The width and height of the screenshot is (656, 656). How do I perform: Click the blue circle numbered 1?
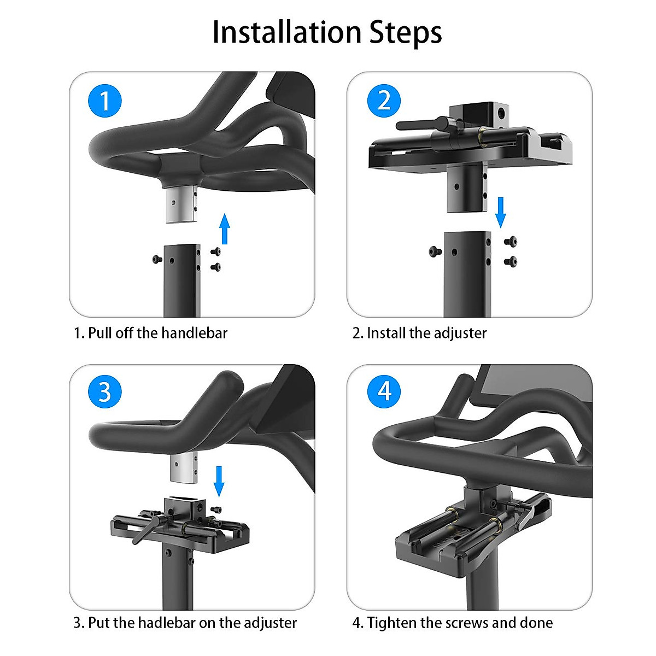click(x=104, y=101)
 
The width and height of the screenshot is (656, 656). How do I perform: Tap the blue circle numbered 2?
click(x=384, y=101)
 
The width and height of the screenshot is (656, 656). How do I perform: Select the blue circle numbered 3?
click(x=104, y=391)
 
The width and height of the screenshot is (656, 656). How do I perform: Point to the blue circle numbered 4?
click(x=384, y=391)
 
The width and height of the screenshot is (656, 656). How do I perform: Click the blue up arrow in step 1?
click(x=224, y=229)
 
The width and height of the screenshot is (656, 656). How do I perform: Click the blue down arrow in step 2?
click(x=500, y=213)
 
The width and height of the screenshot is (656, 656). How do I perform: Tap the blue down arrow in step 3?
click(x=219, y=482)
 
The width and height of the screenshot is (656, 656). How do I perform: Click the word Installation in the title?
click(x=287, y=33)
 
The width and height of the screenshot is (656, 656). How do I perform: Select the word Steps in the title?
click(x=406, y=34)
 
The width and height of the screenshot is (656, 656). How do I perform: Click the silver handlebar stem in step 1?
click(x=181, y=205)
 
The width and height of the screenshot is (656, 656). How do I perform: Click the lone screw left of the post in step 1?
click(x=157, y=260)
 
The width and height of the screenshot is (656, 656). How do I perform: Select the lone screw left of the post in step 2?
click(x=435, y=251)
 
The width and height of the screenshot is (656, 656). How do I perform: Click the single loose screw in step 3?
click(x=216, y=509)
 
